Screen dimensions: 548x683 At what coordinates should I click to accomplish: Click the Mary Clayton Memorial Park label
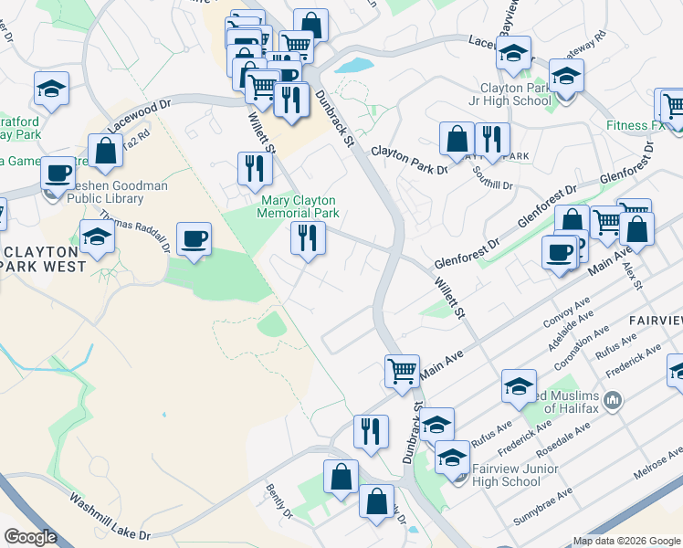click(x=299, y=206)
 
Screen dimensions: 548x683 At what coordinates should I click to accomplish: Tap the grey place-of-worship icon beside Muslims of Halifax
click(x=613, y=400)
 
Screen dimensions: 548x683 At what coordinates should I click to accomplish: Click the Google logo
click(x=30, y=537)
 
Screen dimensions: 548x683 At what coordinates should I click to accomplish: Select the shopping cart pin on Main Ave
click(x=402, y=371)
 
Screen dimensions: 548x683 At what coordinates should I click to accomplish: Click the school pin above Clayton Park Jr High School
click(x=514, y=52)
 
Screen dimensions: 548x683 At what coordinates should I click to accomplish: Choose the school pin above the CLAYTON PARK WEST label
click(x=98, y=237)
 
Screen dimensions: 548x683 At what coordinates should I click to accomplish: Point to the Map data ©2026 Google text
click(x=625, y=541)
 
